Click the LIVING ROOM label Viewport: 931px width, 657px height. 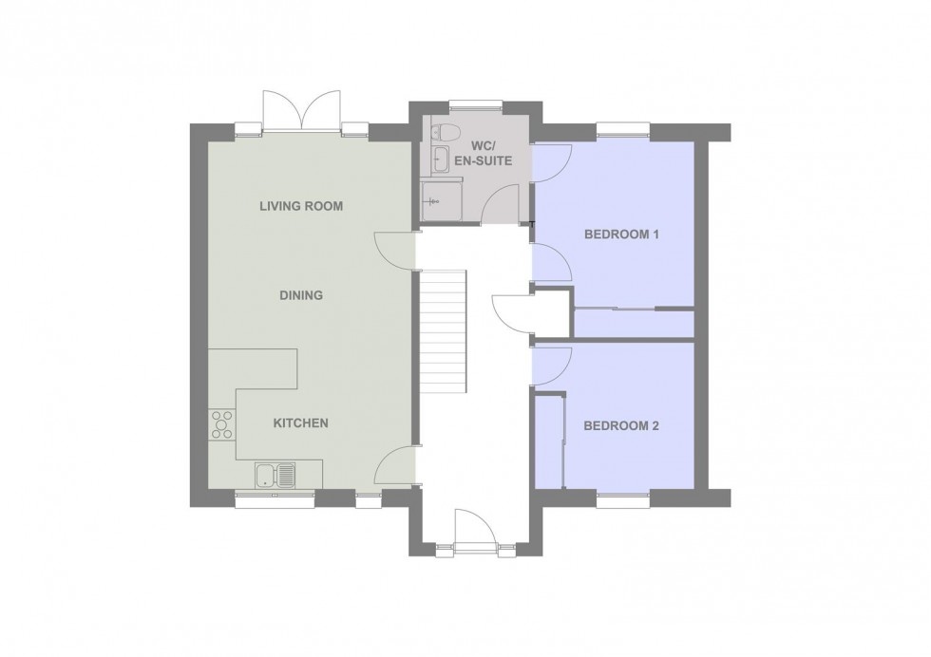(x=301, y=206)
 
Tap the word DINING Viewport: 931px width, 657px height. (x=301, y=295)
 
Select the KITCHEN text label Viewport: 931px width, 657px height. (x=301, y=422)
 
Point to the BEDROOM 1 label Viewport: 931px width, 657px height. (x=621, y=235)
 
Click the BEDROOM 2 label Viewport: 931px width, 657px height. (x=621, y=426)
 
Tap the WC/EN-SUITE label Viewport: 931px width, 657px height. (x=491, y=154)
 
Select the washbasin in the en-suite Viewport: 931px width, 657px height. (x=441, y=159)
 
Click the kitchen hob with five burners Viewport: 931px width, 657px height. (x=221, y=423)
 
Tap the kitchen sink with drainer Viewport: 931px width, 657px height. (x=275, y=474)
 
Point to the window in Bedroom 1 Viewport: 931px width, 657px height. (x=622, y=126)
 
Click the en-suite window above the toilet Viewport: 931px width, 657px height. (x=465, y=105)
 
